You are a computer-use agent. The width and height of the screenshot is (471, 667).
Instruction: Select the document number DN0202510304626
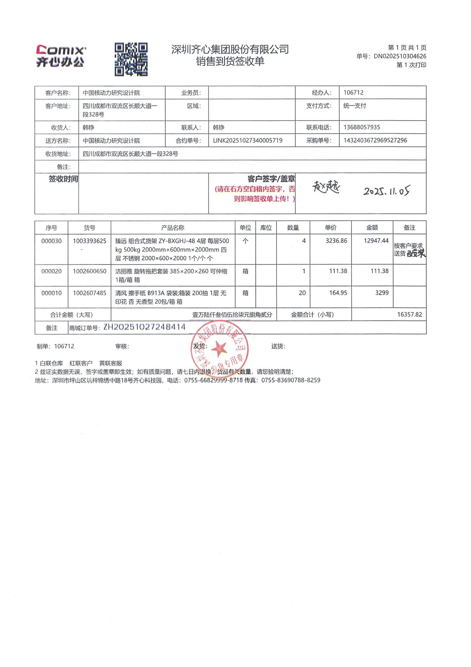[400, 56]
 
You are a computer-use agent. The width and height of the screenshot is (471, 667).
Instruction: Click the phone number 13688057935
[362, 127]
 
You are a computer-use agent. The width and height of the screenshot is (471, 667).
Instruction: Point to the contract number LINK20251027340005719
[248, 141]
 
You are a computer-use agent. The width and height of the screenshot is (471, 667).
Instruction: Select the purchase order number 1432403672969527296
[375, 141]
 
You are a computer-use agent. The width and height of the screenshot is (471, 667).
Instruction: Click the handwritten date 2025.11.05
[387, 191]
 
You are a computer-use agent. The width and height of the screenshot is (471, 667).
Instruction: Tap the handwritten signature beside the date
[326, 187]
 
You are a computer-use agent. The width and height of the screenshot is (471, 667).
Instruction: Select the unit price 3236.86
[336, 241]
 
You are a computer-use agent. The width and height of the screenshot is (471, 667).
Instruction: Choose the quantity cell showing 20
[302, 293]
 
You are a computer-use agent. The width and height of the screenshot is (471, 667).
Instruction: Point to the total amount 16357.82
[409, 315]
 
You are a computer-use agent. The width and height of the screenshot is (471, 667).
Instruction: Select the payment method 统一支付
[355, 106]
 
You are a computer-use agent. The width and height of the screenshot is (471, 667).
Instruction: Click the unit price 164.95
[338, 293]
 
